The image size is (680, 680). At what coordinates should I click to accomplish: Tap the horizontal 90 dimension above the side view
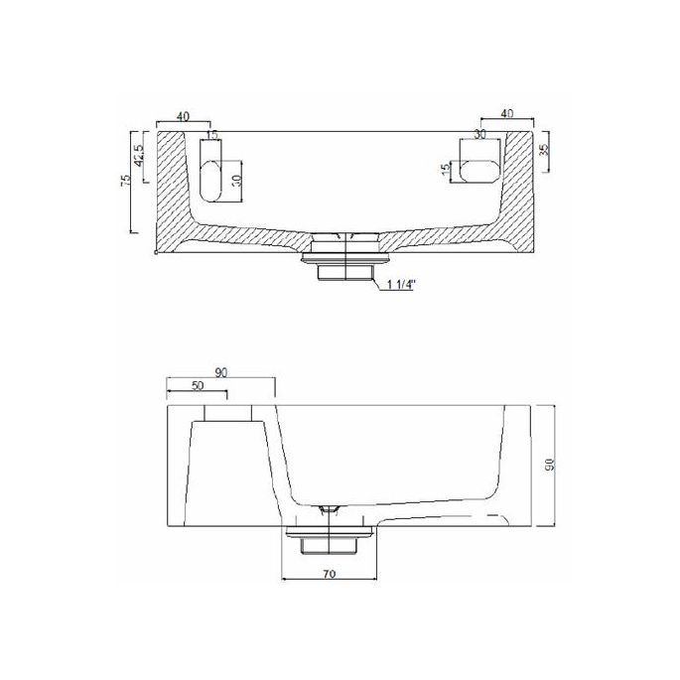click(220, 372)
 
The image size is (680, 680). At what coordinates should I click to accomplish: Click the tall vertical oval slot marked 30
click(211, 176)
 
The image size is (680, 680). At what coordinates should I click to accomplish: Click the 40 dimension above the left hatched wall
click(183, 117)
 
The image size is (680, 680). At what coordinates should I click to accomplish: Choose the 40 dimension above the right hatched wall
click(506, 115)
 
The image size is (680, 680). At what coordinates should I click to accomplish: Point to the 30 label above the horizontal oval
click(479, 133)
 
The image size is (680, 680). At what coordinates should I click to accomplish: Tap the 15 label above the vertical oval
click(210, 135)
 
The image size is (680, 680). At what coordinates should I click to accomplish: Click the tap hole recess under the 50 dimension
click(228, 413)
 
